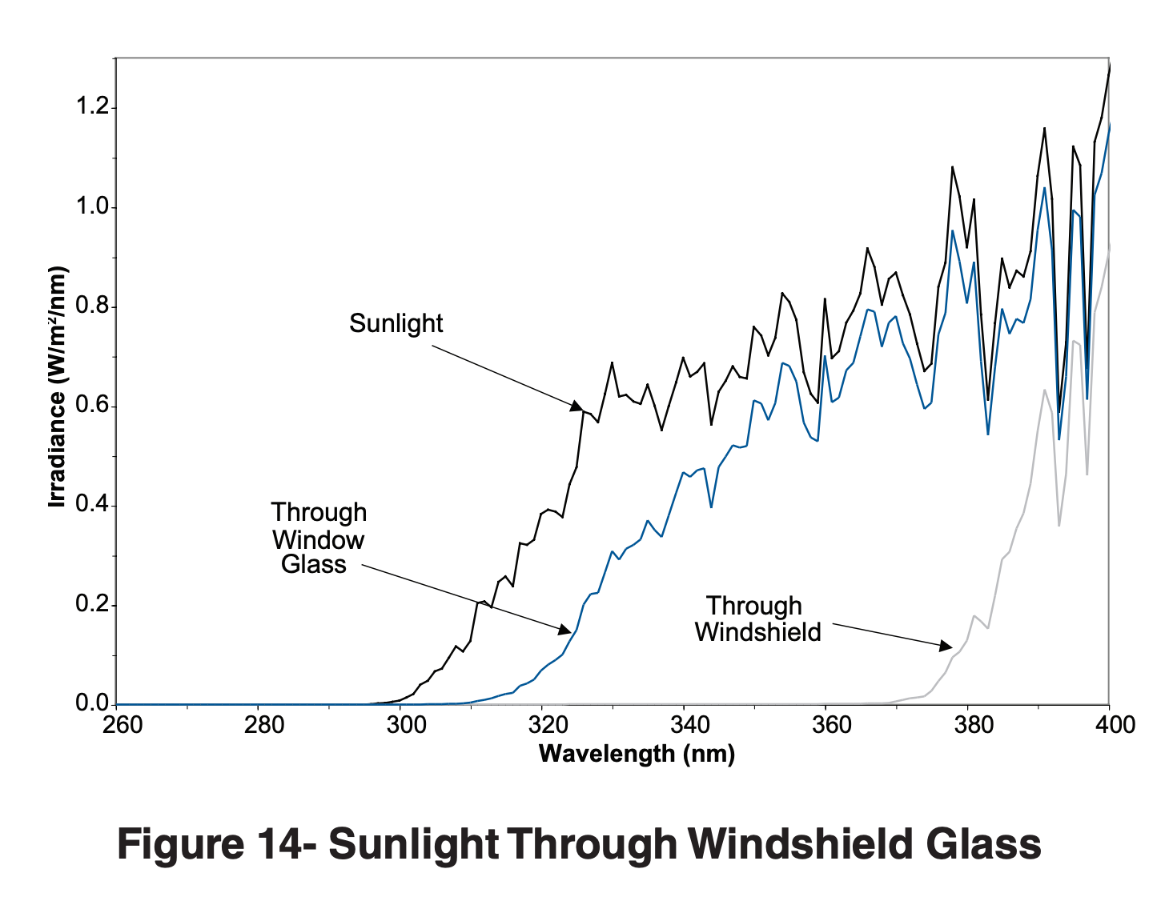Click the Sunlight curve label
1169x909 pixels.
(396, 323)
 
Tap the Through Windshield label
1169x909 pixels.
(757, 619)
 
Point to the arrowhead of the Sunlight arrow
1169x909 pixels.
(576, 406)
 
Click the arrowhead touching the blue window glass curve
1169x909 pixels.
(564, 630)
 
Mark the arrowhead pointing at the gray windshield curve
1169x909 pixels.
(946, 645)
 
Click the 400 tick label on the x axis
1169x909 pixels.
(1114, 725)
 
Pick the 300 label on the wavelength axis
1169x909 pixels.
(406, 725)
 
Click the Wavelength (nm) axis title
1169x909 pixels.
(637, 754)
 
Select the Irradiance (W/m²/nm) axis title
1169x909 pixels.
(56, 387)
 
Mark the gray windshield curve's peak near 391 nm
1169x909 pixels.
(1044, 390)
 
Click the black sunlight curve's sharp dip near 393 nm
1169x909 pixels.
(1059, 412)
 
